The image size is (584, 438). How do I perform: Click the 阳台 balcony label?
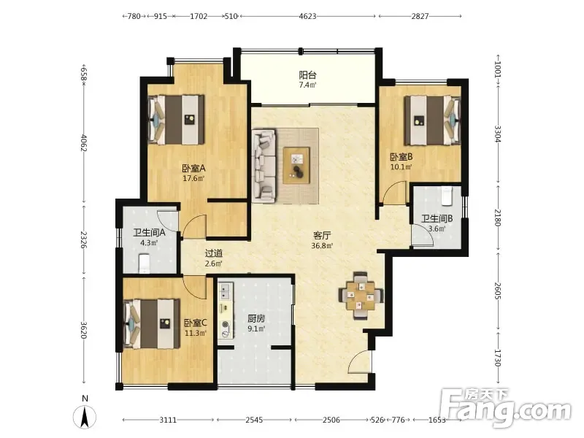307,75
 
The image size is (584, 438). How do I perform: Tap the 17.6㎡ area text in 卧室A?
193,178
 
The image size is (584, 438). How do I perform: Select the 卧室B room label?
401,157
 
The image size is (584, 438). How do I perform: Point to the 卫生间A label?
149,233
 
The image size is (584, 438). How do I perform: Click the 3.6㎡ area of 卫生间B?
437,228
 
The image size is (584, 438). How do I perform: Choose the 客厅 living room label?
322,236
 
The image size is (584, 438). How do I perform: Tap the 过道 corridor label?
214,253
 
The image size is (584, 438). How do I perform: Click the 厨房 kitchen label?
256,319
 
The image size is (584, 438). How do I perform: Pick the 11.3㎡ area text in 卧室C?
196,333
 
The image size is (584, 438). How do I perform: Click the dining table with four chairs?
361,296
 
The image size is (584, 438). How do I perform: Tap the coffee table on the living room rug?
296,166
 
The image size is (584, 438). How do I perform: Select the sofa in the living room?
264,166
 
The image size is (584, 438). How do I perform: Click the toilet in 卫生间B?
446,196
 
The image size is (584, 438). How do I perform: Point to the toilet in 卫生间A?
144,264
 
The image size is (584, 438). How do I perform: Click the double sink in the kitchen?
225,292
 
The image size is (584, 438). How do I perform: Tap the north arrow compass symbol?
85,416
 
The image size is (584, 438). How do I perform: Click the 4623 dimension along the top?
307,16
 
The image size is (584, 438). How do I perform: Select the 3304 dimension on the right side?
498,134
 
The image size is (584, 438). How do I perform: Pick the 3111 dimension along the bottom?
168,420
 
